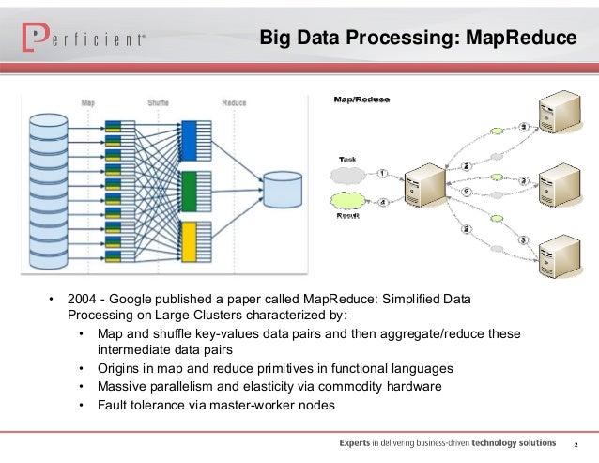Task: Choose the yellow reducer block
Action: tap(187, 242)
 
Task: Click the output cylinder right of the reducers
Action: tap(284, 190)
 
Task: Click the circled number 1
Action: tap(383, 173)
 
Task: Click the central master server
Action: tap(419, 188)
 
